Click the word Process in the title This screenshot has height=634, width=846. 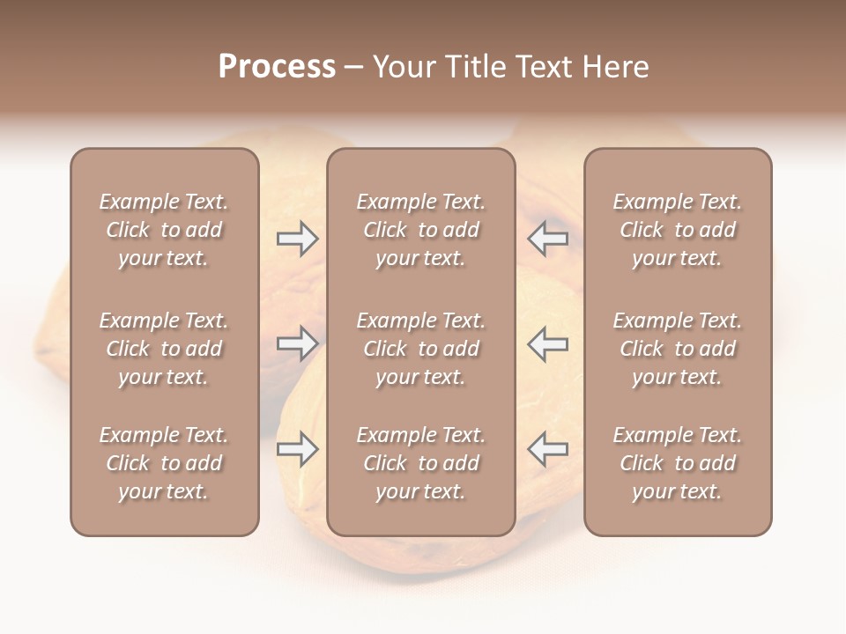tap(277, 67)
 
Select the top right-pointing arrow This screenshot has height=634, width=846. tap(297, 239)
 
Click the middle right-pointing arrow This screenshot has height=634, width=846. tap(297, 343)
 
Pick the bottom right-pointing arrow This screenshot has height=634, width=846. tap(297, 449)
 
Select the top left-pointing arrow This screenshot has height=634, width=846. tap(547, 239)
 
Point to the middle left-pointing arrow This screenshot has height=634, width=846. tap(547, 343)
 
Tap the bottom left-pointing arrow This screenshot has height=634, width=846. tap(547, 449)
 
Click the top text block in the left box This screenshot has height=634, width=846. tap(164, 230)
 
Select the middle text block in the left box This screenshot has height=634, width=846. tap(164, 349)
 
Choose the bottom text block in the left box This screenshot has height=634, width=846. tap(164, 463)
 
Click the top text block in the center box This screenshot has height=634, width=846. tap(420, 230)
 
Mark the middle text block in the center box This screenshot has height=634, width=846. tap(420, 349)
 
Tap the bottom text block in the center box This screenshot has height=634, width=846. tap(420, 463)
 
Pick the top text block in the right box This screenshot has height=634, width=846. tap(677, 230)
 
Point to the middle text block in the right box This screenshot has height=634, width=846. tap(677, 349)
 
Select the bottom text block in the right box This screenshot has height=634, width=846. tap(677, 463)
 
